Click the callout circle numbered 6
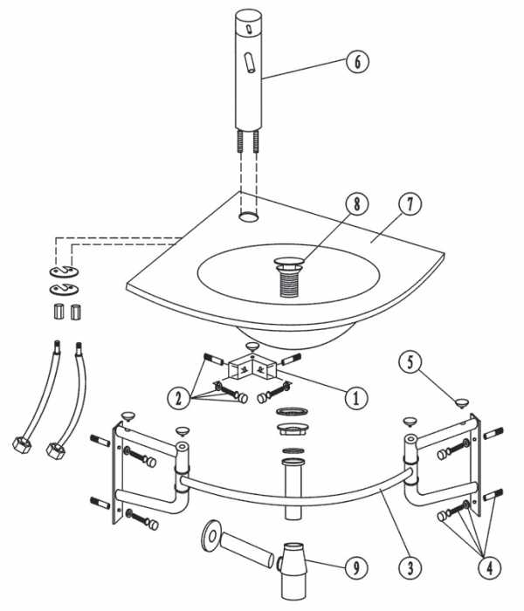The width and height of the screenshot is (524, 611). [x=356, y=62]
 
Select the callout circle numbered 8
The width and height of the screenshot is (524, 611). [x=355, y=204]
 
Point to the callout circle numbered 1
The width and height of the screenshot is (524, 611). [x=355, y=398]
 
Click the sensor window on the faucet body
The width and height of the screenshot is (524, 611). [x=250, y=64]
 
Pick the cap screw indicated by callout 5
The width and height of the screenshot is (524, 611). [x=460, y=402]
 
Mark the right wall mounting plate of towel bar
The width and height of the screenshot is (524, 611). [x=473, y=467]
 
